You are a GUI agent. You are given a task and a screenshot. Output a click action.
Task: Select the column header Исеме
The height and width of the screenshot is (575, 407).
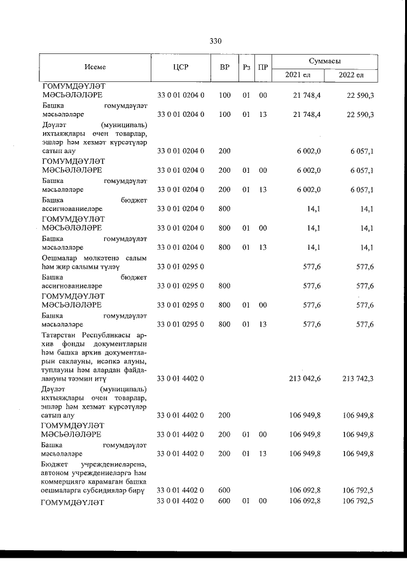tap(95, 67)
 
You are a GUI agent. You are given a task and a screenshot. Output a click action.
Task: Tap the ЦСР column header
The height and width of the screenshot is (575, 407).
tap(181, 67)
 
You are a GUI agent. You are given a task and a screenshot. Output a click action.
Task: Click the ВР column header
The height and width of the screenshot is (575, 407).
tap(224, 67)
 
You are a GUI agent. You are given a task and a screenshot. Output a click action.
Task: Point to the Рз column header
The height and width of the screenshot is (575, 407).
tap(247, 67)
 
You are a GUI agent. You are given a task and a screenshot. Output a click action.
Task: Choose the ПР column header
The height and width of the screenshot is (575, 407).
tap(263, 67)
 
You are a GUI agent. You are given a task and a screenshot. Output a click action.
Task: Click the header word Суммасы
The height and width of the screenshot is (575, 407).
tap(324, 60)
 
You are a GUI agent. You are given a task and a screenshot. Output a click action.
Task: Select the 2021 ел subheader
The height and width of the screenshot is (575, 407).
tap(298, 75)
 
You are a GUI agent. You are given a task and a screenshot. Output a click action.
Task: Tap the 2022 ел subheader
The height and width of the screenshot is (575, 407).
tap(351, 75)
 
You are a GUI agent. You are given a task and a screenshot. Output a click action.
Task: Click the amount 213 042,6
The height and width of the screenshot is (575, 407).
tap(305, 379)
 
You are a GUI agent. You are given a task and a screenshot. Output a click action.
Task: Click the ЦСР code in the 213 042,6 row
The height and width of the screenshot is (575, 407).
tap(181, 379)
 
